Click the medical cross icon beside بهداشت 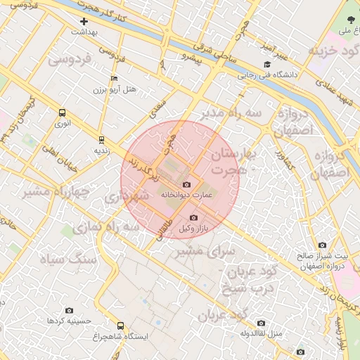pos(84,22)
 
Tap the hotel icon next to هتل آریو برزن pos(115,78)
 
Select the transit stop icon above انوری pos(63,112)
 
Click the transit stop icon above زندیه pos(101,139)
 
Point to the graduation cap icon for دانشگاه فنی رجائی pos(266,64)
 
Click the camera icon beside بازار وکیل pos(193,218)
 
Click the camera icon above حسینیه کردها pos(69,310)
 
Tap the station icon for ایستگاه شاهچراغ pos(121,326)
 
